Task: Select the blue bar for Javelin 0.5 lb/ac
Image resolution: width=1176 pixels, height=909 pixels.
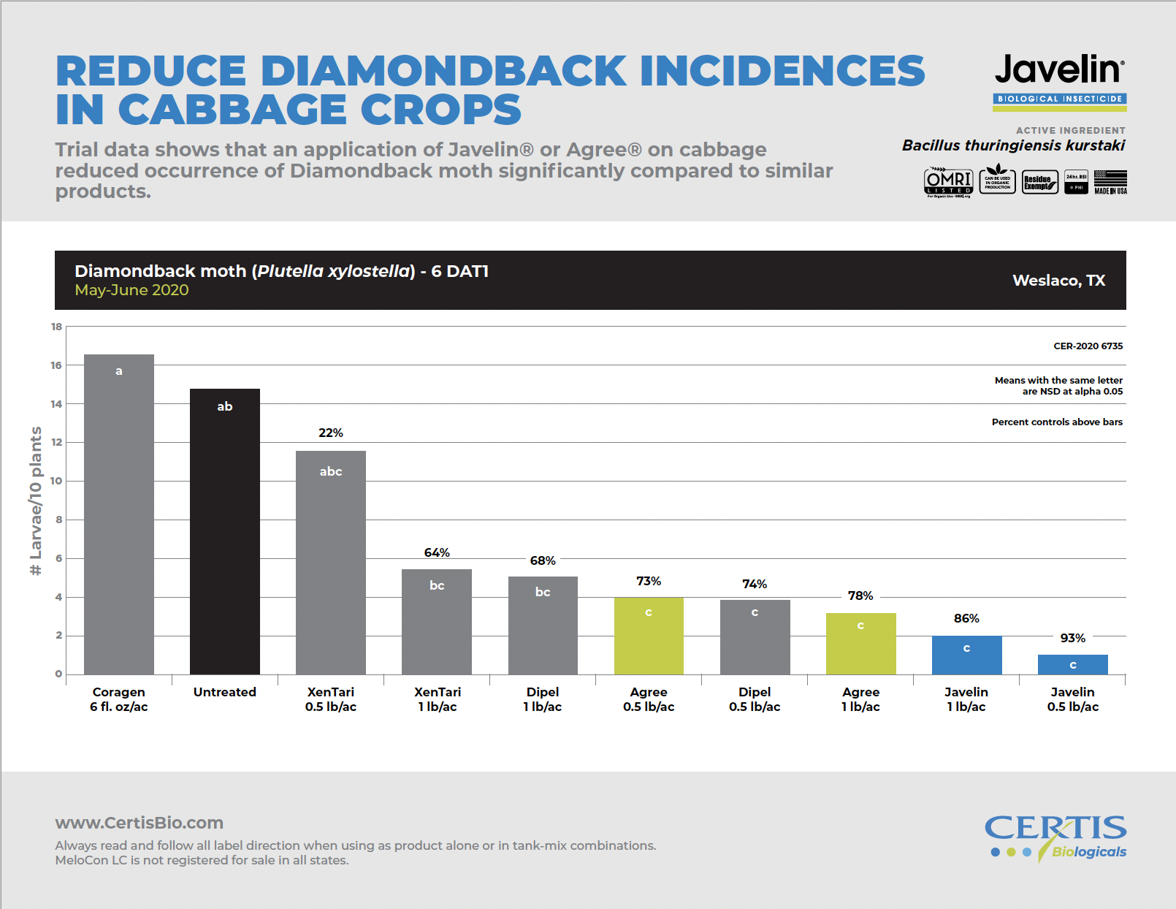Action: pos(1072,664)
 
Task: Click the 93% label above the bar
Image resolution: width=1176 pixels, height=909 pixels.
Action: pos(1072,638)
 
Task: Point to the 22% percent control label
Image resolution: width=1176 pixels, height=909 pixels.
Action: pos(331,433)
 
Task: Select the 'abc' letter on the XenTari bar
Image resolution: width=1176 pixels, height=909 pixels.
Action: pos(331,471)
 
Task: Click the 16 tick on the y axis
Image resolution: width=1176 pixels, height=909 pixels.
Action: pos(56,365)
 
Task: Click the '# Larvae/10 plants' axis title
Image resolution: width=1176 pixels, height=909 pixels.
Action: pos(36,501)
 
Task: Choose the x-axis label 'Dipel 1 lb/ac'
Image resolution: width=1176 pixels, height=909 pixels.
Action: pos(543,699)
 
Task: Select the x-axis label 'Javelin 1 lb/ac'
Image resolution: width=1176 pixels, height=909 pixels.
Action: pos(966,699)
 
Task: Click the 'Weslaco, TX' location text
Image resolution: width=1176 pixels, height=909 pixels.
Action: pos(1058,281)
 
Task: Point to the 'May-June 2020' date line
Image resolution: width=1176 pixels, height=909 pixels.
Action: pos(131,290)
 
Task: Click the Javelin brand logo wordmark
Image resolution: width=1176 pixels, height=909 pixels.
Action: pos(1059,70)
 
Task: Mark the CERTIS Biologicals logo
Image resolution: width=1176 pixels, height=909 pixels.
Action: pos(1055,837)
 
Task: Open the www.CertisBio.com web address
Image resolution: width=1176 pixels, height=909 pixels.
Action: pos(140,823)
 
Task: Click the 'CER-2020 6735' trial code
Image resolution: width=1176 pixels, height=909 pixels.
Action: pos(1088,346)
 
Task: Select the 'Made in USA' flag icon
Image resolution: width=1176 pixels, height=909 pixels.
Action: pos(1110,181)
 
